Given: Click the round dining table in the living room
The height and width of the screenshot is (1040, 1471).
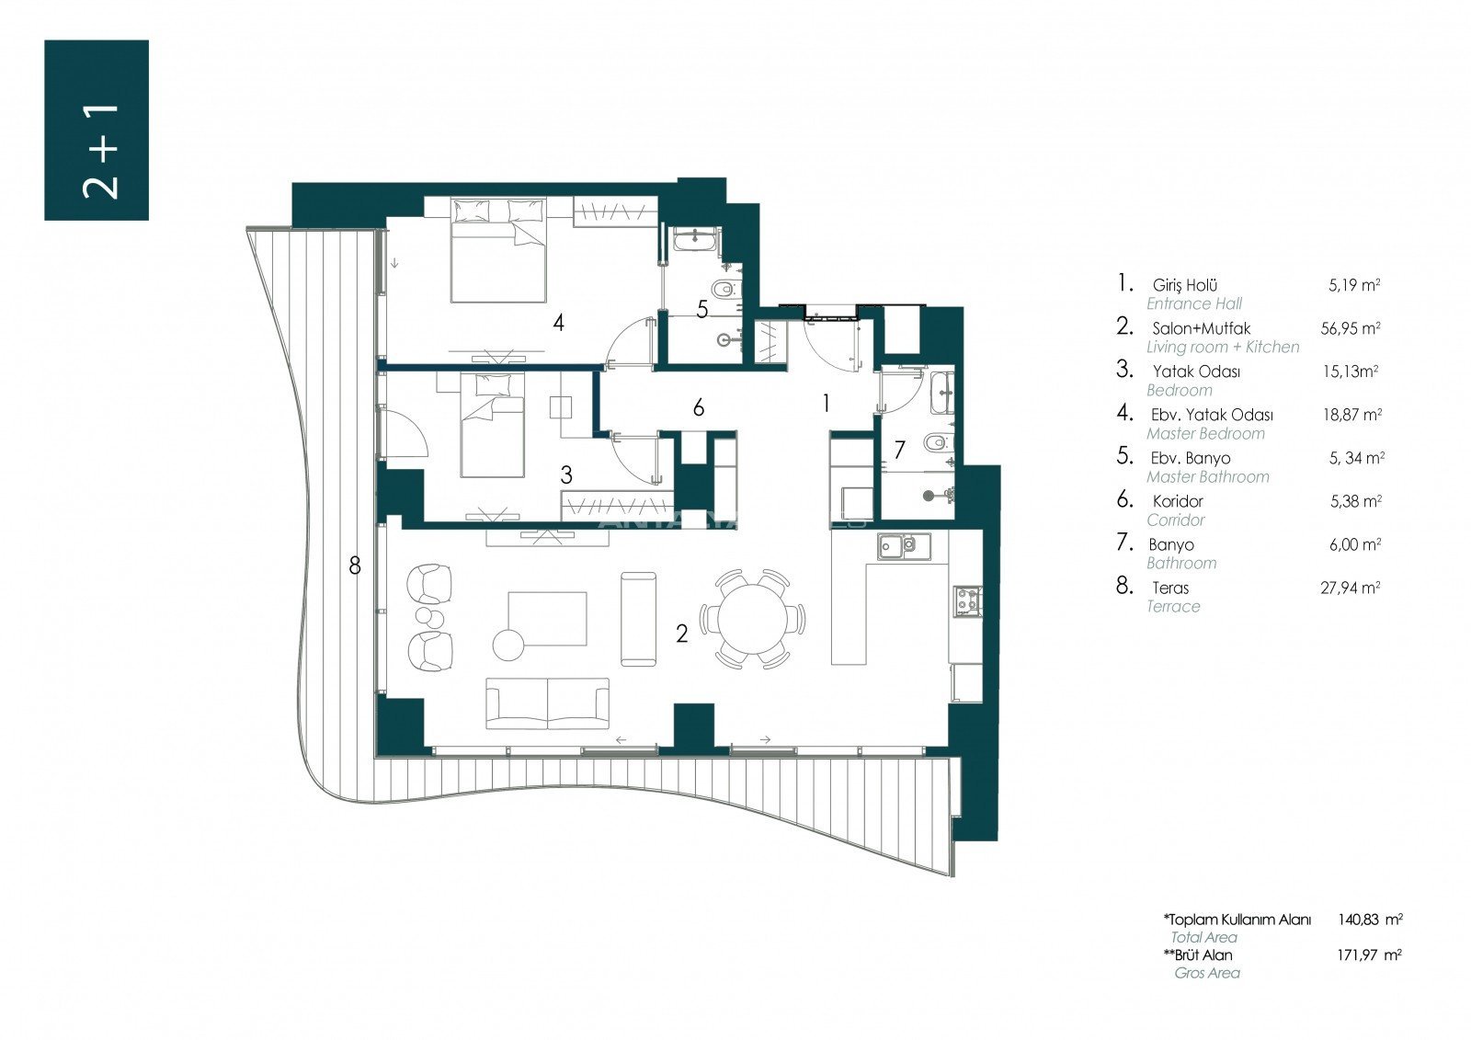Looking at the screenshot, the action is pos(753,619).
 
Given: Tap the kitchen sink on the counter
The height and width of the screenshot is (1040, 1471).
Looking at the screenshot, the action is pos(905,546).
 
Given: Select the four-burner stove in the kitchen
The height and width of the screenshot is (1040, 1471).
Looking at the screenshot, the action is pos(968,600).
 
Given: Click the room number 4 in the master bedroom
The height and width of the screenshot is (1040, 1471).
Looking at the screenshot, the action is pos(558,323).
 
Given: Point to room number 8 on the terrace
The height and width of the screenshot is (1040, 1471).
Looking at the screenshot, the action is pos(355,565).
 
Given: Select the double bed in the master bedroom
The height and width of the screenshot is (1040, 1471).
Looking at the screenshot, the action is pos(498,250).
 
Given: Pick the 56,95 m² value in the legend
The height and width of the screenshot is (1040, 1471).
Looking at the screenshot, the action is pos(1351,328).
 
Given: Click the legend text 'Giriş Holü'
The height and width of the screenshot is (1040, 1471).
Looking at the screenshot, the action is pos(1185,286).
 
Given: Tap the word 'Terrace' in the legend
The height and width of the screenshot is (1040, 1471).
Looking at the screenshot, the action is pos(1173,606).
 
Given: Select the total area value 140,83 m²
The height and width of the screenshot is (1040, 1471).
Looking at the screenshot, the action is pos(1370,920).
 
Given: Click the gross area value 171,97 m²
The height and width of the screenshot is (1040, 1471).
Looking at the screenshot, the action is pos(1369,954).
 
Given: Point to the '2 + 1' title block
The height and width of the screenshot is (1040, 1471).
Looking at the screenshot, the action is pos(97,130).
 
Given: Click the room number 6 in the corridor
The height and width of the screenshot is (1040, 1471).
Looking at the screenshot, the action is pos(699,408).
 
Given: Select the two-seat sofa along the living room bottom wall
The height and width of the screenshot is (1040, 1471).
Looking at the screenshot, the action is pos(548,703).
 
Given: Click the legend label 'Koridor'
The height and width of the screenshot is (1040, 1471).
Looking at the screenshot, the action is pos(1178,501).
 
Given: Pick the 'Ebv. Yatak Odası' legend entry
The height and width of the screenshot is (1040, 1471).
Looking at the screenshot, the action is pos(1212,416).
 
